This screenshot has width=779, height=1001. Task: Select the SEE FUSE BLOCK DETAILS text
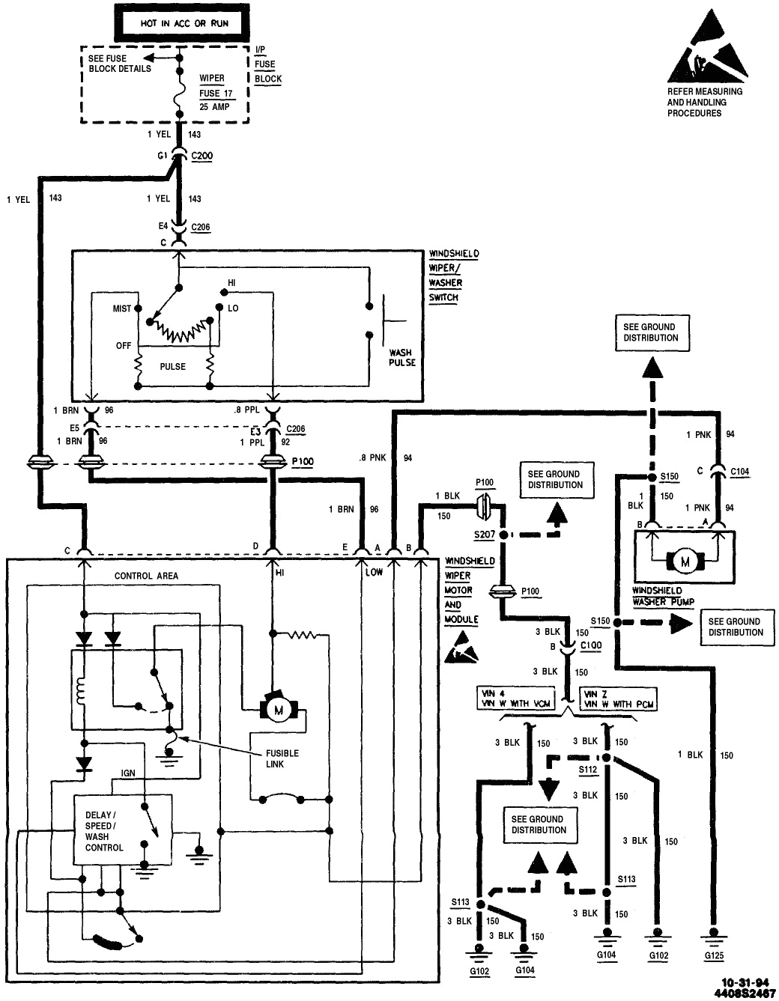(x=120, y=64)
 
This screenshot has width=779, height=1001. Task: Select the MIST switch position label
(x=121, y=308)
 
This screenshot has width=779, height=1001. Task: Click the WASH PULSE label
(x=401, y=357)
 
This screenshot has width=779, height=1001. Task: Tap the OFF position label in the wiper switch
(x=124, y=345)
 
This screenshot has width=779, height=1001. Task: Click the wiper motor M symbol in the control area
(x=278, y=709)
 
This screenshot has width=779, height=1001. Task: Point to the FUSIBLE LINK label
(x=282, y=758)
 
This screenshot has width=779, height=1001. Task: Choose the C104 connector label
(x=738, y=472)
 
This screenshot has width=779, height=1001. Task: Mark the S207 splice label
(x=485, y=535)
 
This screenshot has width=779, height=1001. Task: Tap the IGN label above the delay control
(x=128, y=773)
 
